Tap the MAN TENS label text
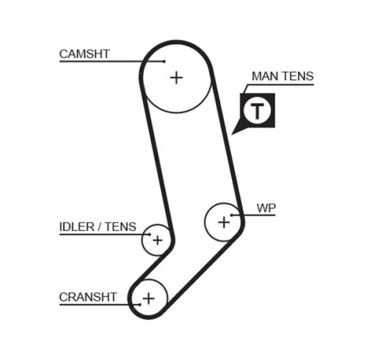tap(282, 76)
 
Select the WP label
tap(265, 207)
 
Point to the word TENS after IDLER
tap(121, 227)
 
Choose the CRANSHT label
tap(87, 296)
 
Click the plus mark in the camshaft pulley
tap(176, 76)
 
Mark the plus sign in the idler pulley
tap(156, 239)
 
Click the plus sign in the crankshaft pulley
tap(149, 298)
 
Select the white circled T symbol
tap(257, 111)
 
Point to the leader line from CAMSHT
tap(110, 61)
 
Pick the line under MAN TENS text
tap(283, 85)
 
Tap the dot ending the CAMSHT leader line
tap(164, 61)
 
